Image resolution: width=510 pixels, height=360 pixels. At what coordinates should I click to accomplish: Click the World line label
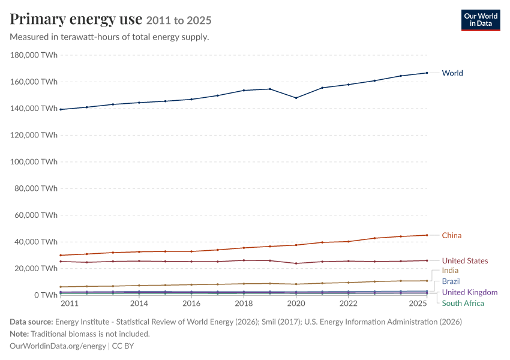click(x=452, y=73)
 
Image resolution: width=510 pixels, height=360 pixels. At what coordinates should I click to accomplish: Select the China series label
click(x=451, y=235)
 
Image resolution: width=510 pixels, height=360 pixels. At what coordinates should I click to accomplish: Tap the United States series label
click(x=465, y=260)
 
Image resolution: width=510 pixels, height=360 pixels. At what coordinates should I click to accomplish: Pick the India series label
click(x=450, y=270)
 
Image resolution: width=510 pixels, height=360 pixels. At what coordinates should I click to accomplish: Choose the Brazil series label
click(x=451, y=281)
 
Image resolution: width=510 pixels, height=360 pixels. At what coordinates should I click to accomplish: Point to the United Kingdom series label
click(x=470, y=292)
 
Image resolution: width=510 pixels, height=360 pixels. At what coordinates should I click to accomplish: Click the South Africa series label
click(x=463, y=303)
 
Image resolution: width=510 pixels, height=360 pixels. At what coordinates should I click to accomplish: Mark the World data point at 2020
click(x=296, y=98)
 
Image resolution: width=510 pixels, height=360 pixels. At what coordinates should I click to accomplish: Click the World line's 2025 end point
click(x=427, y=73)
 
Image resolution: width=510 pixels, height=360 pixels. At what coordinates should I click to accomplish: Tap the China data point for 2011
click(x=61, y=255)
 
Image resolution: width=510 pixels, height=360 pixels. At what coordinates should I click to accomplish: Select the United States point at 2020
click(x=296, y=263)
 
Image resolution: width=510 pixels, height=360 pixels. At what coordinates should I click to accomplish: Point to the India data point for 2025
click(x=427, y=281)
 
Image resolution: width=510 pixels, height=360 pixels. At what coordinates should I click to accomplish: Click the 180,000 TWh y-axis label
click(x=34, y=55)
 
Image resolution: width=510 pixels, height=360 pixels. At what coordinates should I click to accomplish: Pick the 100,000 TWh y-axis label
click(x=34, y=161)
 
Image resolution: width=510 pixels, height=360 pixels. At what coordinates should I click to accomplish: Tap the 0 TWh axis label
click(x=46, y=295)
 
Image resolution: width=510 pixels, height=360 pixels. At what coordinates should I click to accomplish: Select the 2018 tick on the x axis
click(x=244, y=304)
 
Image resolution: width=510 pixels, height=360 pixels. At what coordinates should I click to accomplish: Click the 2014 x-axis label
click(x=139, y=304)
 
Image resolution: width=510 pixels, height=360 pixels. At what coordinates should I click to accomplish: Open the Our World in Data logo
click(x=481, y=20)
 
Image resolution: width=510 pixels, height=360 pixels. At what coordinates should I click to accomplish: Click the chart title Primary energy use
click(x=76, y=19)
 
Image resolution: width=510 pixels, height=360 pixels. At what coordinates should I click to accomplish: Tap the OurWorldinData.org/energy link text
click(x=58, y=346)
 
